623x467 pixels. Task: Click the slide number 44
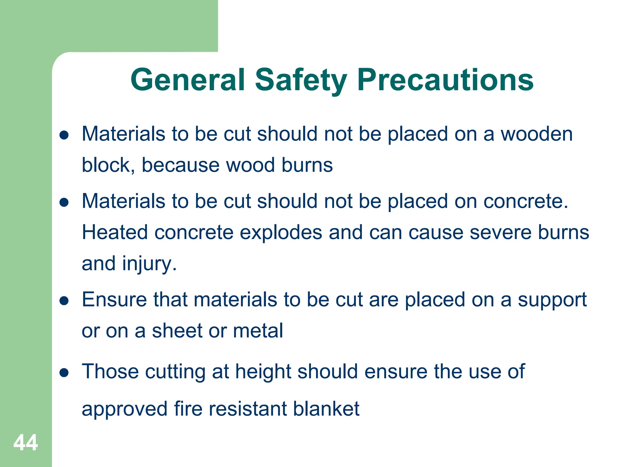26,442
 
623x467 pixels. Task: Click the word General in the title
188,80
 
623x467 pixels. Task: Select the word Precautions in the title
445,80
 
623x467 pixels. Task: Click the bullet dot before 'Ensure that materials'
64,301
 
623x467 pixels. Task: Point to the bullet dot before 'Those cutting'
64,372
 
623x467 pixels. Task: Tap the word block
106,165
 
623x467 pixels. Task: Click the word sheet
177,330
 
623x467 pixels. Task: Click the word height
263,372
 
